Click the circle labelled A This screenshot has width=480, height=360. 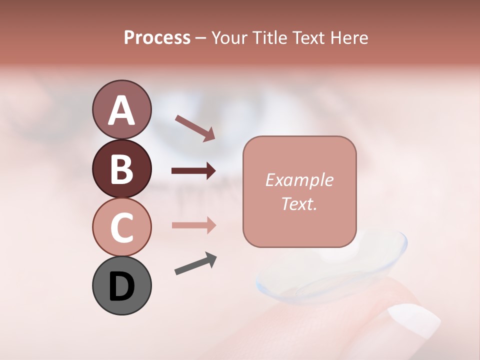point(121,109)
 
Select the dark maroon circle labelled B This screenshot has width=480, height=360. point(121,168)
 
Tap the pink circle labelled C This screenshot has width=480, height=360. point(121,227)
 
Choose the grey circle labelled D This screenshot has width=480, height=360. point(121,286)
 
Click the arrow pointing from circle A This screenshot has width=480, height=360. point(195,128)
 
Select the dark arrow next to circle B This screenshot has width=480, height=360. point(193,171)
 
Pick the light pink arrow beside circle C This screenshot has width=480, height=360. point(193,225)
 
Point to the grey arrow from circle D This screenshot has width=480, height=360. point(195,264)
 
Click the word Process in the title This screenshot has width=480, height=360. point(157,37)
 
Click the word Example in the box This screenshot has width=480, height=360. point(299,180)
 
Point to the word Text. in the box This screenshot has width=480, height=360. point(299,203)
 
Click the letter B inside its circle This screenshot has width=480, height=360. point(121,168)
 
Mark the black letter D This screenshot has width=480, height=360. point(121,286)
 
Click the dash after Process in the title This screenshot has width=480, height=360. point(201,38)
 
